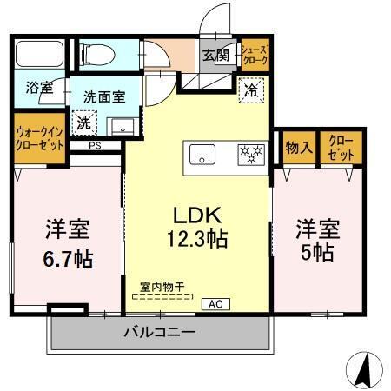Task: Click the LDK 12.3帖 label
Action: tap(205, 227)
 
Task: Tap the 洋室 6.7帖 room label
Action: tap(69, 245)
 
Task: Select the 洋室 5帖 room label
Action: tap(315, 241)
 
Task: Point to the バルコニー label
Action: tap(158, 332)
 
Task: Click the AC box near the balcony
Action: tap(215, 304)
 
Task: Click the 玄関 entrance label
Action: tap(215, 56)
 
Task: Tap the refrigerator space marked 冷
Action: tap(251, 89)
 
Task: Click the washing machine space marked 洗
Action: tap(83, 123)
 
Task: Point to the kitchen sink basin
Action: tap(205, 156)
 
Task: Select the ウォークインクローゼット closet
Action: tap(40, 137)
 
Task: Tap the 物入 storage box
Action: tap(298, 149)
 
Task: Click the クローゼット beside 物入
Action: tap(340, 149)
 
